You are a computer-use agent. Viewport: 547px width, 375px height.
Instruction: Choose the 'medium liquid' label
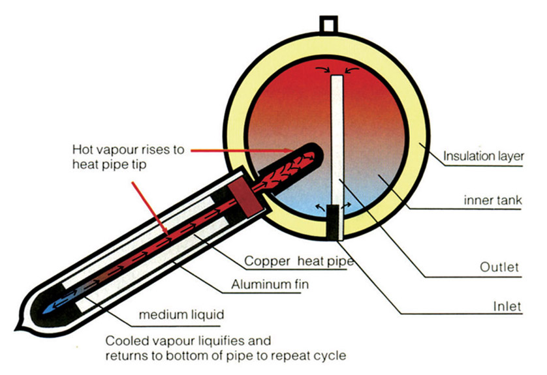(x=181, y=315)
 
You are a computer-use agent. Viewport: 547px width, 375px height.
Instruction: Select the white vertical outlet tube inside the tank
(x=337, y=137)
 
